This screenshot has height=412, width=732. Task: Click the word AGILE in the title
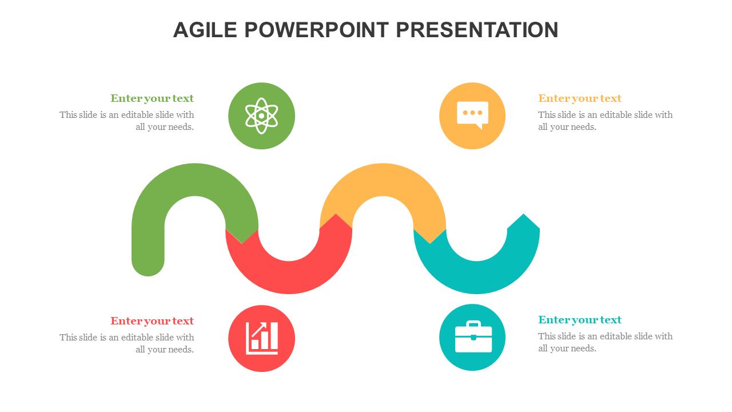205,30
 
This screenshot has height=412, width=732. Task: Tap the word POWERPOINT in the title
317,30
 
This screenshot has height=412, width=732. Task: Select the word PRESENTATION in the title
477,30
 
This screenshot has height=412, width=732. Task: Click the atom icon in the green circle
261,116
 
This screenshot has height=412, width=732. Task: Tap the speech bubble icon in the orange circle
472,115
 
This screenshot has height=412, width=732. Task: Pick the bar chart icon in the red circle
262,338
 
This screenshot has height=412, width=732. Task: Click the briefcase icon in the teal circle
473,337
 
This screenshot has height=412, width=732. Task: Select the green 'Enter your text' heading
152,98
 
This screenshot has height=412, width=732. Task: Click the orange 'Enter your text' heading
580,98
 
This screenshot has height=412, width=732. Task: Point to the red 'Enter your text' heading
152,321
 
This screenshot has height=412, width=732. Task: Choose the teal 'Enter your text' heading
580,319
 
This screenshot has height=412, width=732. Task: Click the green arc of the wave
195,180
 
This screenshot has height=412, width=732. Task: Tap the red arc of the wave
289,278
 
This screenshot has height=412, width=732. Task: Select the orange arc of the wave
383,180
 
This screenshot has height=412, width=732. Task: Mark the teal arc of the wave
476,278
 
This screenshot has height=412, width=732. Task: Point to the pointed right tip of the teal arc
523,215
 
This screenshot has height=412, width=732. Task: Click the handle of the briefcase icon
473,324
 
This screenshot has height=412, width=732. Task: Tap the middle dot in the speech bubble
472,113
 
